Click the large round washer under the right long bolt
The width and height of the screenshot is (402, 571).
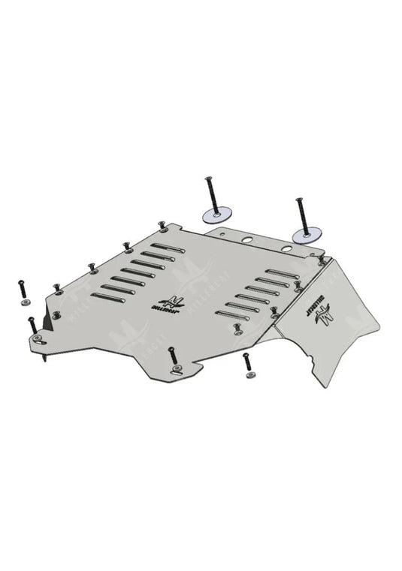[303, 235]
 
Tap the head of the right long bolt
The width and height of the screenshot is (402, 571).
[295, 199]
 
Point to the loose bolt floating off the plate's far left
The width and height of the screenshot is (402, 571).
[21, 287]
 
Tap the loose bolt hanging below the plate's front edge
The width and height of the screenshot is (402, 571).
[246, 362]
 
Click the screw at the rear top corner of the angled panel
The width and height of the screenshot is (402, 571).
[321, 259]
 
